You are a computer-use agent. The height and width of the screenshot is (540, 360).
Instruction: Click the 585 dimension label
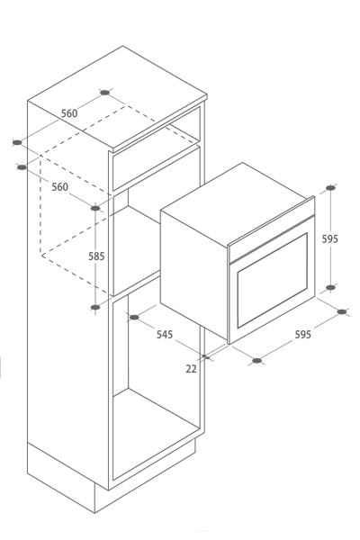tap(96, 256)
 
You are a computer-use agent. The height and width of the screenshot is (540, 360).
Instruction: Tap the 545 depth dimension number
tap(165, 335)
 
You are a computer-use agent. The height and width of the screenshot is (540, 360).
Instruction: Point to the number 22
tap(191, 369)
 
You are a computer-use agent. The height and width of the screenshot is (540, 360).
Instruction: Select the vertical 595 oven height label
tap(330, 238)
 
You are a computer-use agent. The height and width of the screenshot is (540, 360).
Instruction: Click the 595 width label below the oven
tap(303, 335)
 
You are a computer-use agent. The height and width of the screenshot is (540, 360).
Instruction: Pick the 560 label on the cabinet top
tap(69, 113)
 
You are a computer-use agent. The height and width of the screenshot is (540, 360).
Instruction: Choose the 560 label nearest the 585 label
tap(60, 187)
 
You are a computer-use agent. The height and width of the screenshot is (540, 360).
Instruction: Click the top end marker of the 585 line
tap(95, 208)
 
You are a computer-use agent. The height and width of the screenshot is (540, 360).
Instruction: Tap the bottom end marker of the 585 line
tap(95, 307)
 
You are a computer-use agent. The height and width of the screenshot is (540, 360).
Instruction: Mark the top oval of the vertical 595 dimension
tap(330, 188)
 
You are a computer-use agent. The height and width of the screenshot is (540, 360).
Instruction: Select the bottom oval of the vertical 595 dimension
tap(330, 288)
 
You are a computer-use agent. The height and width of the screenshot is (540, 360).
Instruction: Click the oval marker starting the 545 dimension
tap(134, 317)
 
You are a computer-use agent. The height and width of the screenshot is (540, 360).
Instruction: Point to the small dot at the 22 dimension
tap(204, 356)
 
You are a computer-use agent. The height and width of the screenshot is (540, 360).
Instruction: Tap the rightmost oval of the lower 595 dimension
tap(342, 311)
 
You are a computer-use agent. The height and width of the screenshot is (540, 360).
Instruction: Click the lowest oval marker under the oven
tap(257, 361)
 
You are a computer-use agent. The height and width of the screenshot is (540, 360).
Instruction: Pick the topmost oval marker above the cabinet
tap(104, 93)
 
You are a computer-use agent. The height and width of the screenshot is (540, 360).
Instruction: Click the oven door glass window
tap(272, 280)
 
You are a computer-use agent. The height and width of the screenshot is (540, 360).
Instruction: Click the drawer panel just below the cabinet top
tap(157, 167)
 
